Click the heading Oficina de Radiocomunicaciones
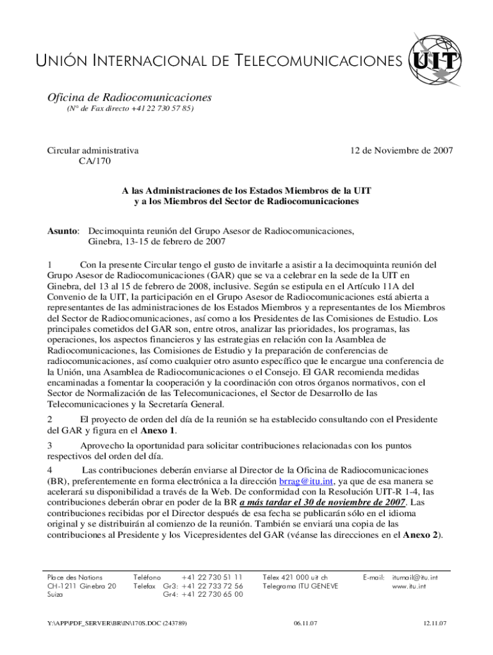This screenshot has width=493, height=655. (129, 97)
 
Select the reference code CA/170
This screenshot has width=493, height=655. (95, 161)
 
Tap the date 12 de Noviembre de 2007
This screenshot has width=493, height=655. (401, 151)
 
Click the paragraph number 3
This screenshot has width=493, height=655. (51, 445)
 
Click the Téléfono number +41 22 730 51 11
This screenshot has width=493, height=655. (212, 577)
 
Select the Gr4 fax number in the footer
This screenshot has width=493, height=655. (212, 594)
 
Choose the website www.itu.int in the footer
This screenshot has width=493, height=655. (409, 586)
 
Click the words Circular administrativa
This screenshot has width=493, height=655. (93, 151)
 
